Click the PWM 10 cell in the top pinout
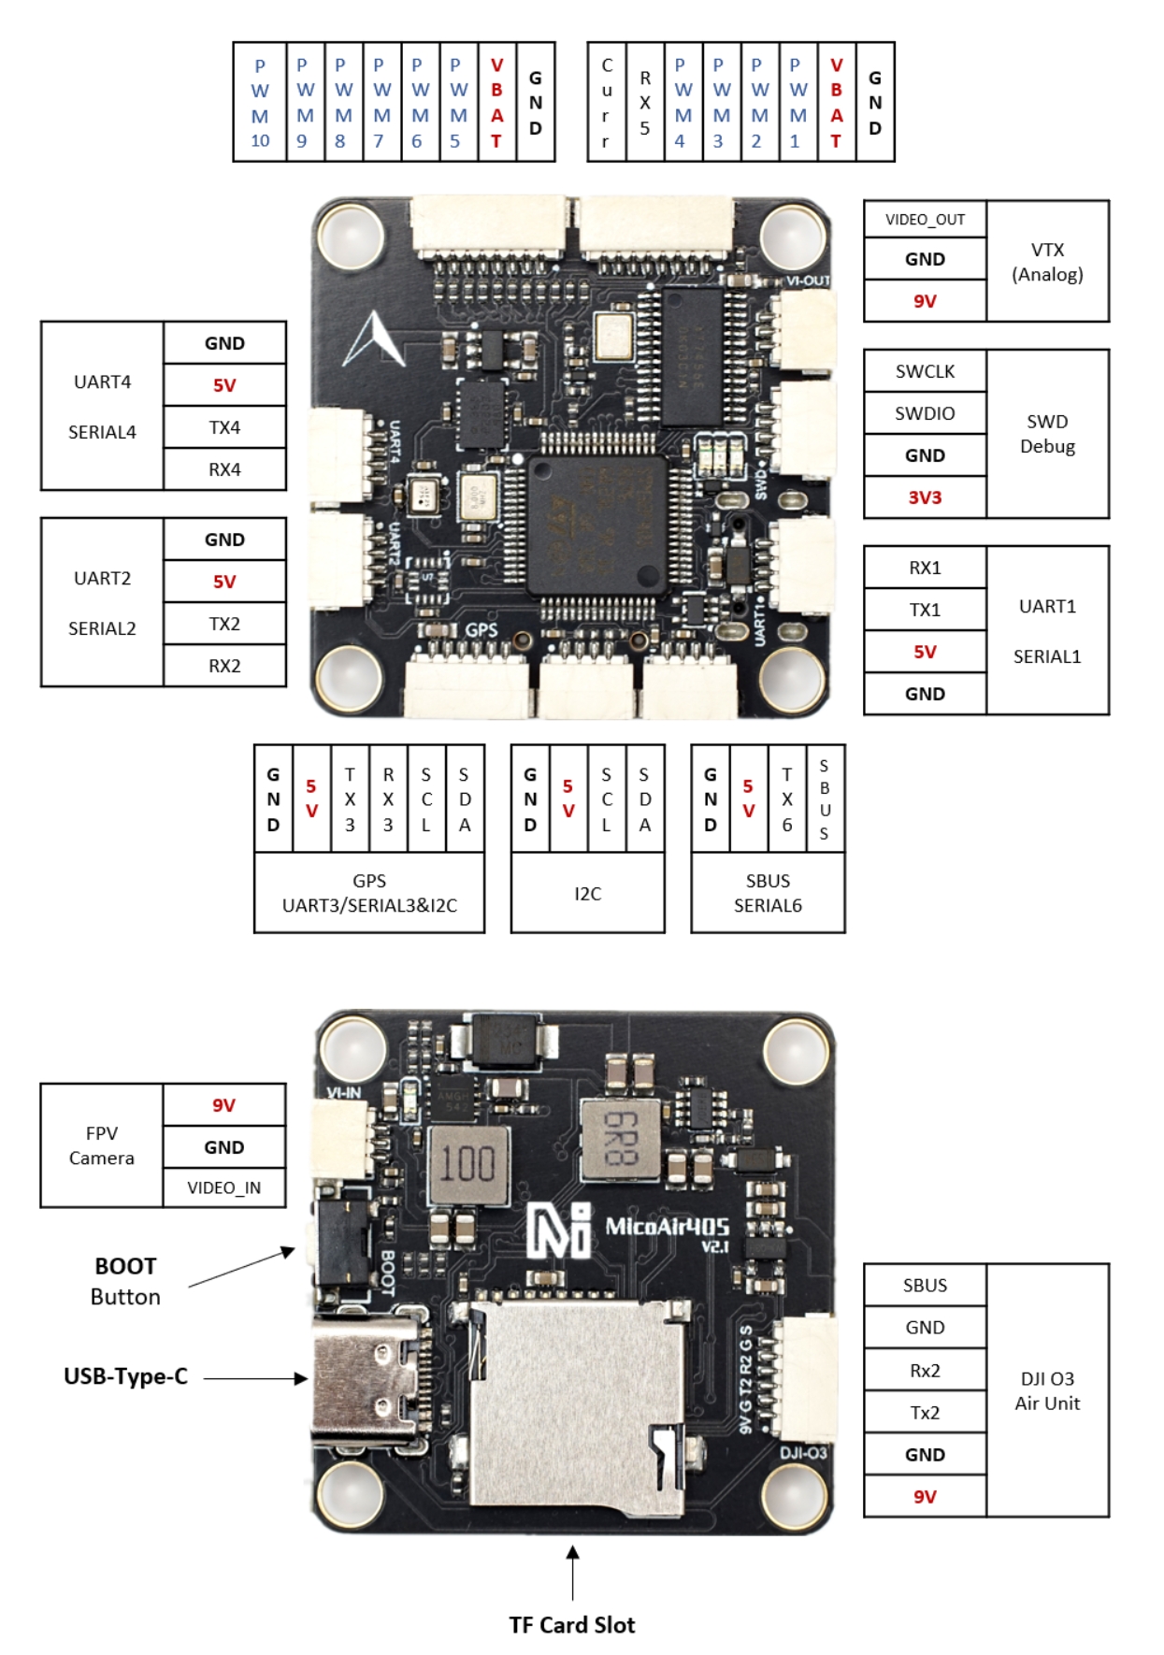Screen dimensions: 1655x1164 tap(260, 102)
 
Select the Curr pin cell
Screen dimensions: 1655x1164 tap(607, 102)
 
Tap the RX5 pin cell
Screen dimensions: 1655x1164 tap(645, 102)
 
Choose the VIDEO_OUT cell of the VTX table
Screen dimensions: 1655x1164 tap(925, 220)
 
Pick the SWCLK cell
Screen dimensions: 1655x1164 tap(925, 371)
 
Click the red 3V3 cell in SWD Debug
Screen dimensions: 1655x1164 tap(925, 497)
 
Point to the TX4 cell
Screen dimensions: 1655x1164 tap(224, 427)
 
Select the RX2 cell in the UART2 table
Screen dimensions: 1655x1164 tap(224, 666)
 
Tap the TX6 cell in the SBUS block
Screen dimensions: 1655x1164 tap(787, 799)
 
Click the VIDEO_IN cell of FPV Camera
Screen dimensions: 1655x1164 tap(224, 1187)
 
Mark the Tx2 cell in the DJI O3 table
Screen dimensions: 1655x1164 tap(925, 1412)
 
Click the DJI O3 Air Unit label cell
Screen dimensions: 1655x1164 tap(1047, 1390)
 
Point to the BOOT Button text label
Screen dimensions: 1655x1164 tap(125, 1281)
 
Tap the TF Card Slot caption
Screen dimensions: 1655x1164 tap(572, 1625)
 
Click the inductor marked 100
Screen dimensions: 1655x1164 tap(468, 1165)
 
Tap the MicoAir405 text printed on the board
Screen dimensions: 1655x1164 tap(666, 1227)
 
